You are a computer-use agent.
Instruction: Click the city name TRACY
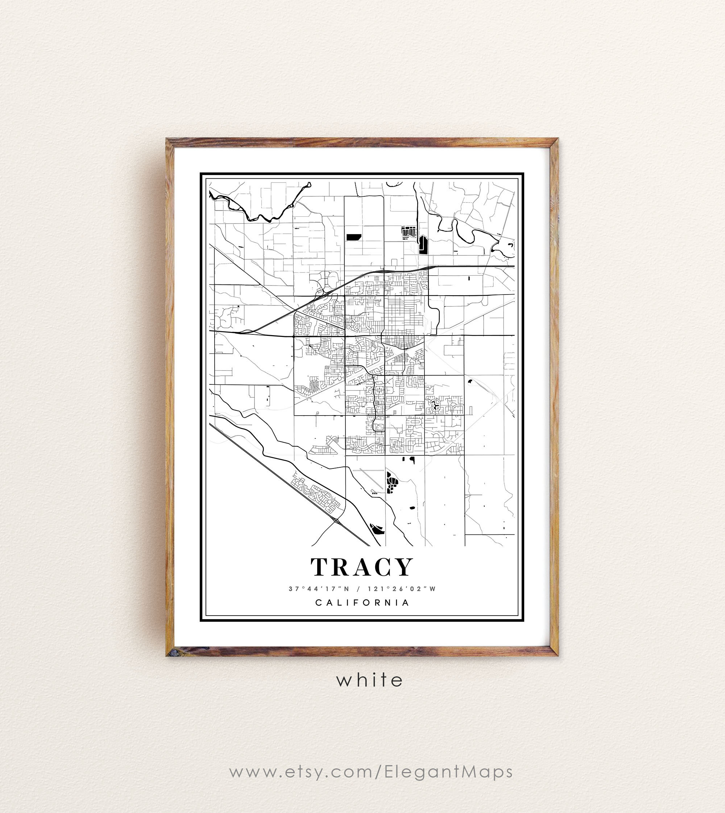pyautogui.click(x=362, y=567)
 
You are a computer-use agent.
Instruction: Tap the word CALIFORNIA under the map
pyautogui.click(x=362, y=603)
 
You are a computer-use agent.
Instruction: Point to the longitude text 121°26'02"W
pyautogui.click(x=402, y=589)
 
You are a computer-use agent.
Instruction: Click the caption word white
pyautogui.click(x=370, y=680)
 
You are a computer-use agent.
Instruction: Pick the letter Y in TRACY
pyautogui.click(x=404, y=567)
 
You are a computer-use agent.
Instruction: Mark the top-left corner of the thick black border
pyautogui.click(x=201, y=174)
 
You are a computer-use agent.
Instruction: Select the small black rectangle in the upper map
pyautogui.click(x=353, y=237)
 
